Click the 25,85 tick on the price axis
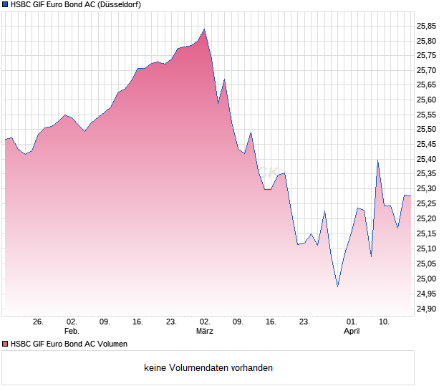(x=426, y=26)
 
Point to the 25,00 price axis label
(x=426, y=279)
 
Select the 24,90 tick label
(x=426, y=309)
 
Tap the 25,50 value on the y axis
(x=426, y=130)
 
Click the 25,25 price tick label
(x=426, y=204)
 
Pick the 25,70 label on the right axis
(x=426, y=70)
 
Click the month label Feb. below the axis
(x=71, y=332)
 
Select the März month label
(x=205, y=332)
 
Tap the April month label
(x=352, y=332)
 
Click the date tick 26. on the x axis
(x=39, y=322)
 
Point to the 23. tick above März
(x=171, y=322)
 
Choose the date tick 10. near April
(x=385, y=322)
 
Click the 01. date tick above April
(x=352, y=322)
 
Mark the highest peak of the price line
(x=204, y=29)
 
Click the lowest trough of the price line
(x=337, y=286)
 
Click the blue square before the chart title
(x=5, y=5)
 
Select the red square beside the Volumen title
(x=5, y=344)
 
